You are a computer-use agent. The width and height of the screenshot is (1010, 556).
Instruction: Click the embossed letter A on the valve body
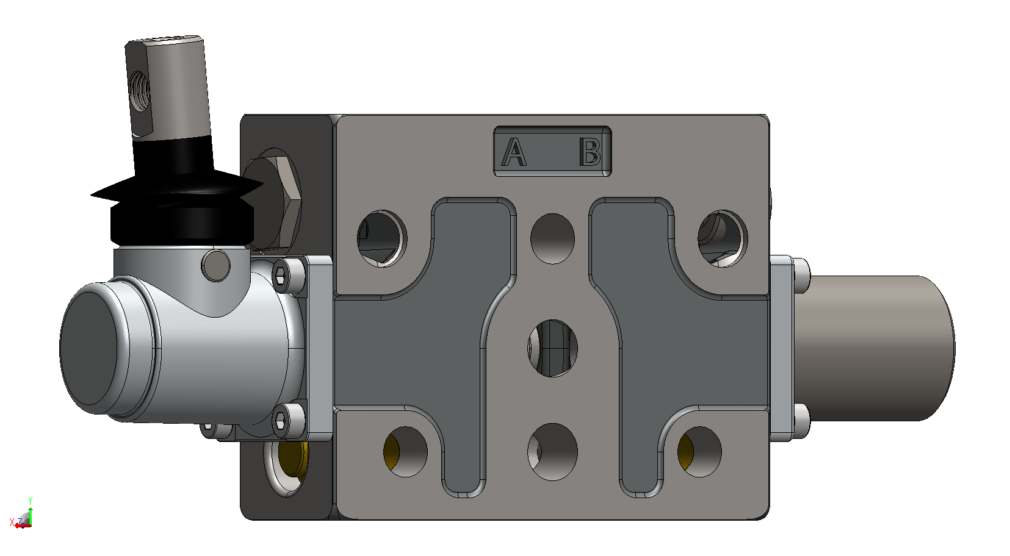click(x=514, y=152)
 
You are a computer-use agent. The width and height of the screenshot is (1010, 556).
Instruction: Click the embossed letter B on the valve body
click(x=590, y=152)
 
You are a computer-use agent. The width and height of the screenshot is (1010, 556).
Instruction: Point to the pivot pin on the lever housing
click(x=215, y=266)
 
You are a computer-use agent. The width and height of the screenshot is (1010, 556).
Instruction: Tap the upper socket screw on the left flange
click(x=283, y=274)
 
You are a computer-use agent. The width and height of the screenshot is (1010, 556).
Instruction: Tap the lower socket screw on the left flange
click(x=283, y=419)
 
